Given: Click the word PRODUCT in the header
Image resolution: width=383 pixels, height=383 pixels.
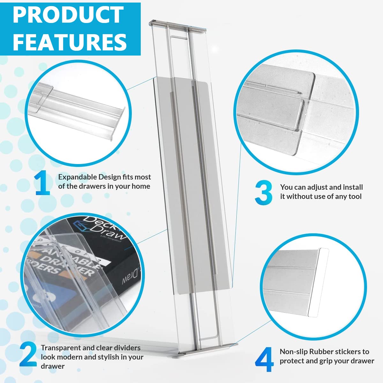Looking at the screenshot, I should (68, 14).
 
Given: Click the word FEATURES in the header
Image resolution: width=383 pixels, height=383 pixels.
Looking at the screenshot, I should (70, 41).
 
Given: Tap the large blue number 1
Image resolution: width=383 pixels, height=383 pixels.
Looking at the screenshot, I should (43, 183).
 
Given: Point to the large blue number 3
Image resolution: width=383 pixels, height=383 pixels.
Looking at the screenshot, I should (264, 192).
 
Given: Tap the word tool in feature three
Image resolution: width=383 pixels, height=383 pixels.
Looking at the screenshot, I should (355, 196).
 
